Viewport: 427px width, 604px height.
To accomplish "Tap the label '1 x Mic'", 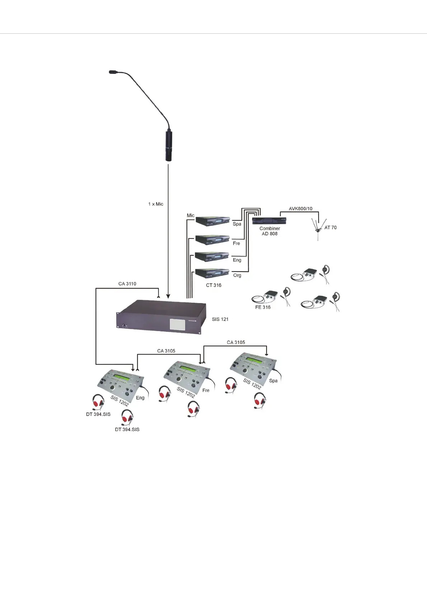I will pos(156,204).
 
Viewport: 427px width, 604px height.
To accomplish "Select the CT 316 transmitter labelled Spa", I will pos(213,221).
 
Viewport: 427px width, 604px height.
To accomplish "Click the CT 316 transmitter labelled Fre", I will pos(212,240).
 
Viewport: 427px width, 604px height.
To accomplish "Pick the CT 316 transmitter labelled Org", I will pos(212,273).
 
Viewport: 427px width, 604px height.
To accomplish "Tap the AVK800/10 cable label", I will pos(301,208).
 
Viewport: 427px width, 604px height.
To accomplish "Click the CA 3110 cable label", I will pos(127,284).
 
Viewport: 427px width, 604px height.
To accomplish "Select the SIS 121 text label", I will pos(220,319).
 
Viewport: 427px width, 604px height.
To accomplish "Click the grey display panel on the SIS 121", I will pos(177,325).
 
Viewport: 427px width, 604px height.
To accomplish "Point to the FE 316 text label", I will pos(263,307).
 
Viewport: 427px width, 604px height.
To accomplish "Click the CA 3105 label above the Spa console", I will pos(236,343).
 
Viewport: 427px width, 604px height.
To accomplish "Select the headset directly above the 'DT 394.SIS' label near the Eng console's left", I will pos(98,402).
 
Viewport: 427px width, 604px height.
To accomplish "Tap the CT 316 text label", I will pos(213,285).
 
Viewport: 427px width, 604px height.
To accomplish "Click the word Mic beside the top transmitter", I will pos(191,216).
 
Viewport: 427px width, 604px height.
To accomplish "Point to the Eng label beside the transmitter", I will pos(237,260).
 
